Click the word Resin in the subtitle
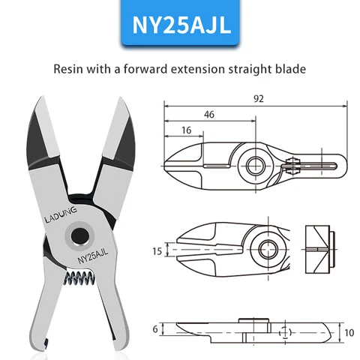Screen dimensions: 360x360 pyautogui.click(x=70, y=69)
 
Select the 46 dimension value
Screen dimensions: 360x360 pyautogui.click(x=210, y=115)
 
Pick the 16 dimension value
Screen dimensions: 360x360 pyautogui.click(x=185, y=130)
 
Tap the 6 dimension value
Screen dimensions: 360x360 pyautogui.click(x=156, y=328)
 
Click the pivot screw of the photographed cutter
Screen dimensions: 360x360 pyautogui.click(x=76, y=235)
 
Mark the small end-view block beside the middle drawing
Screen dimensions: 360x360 pyautogui.click(x=319, y=247)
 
